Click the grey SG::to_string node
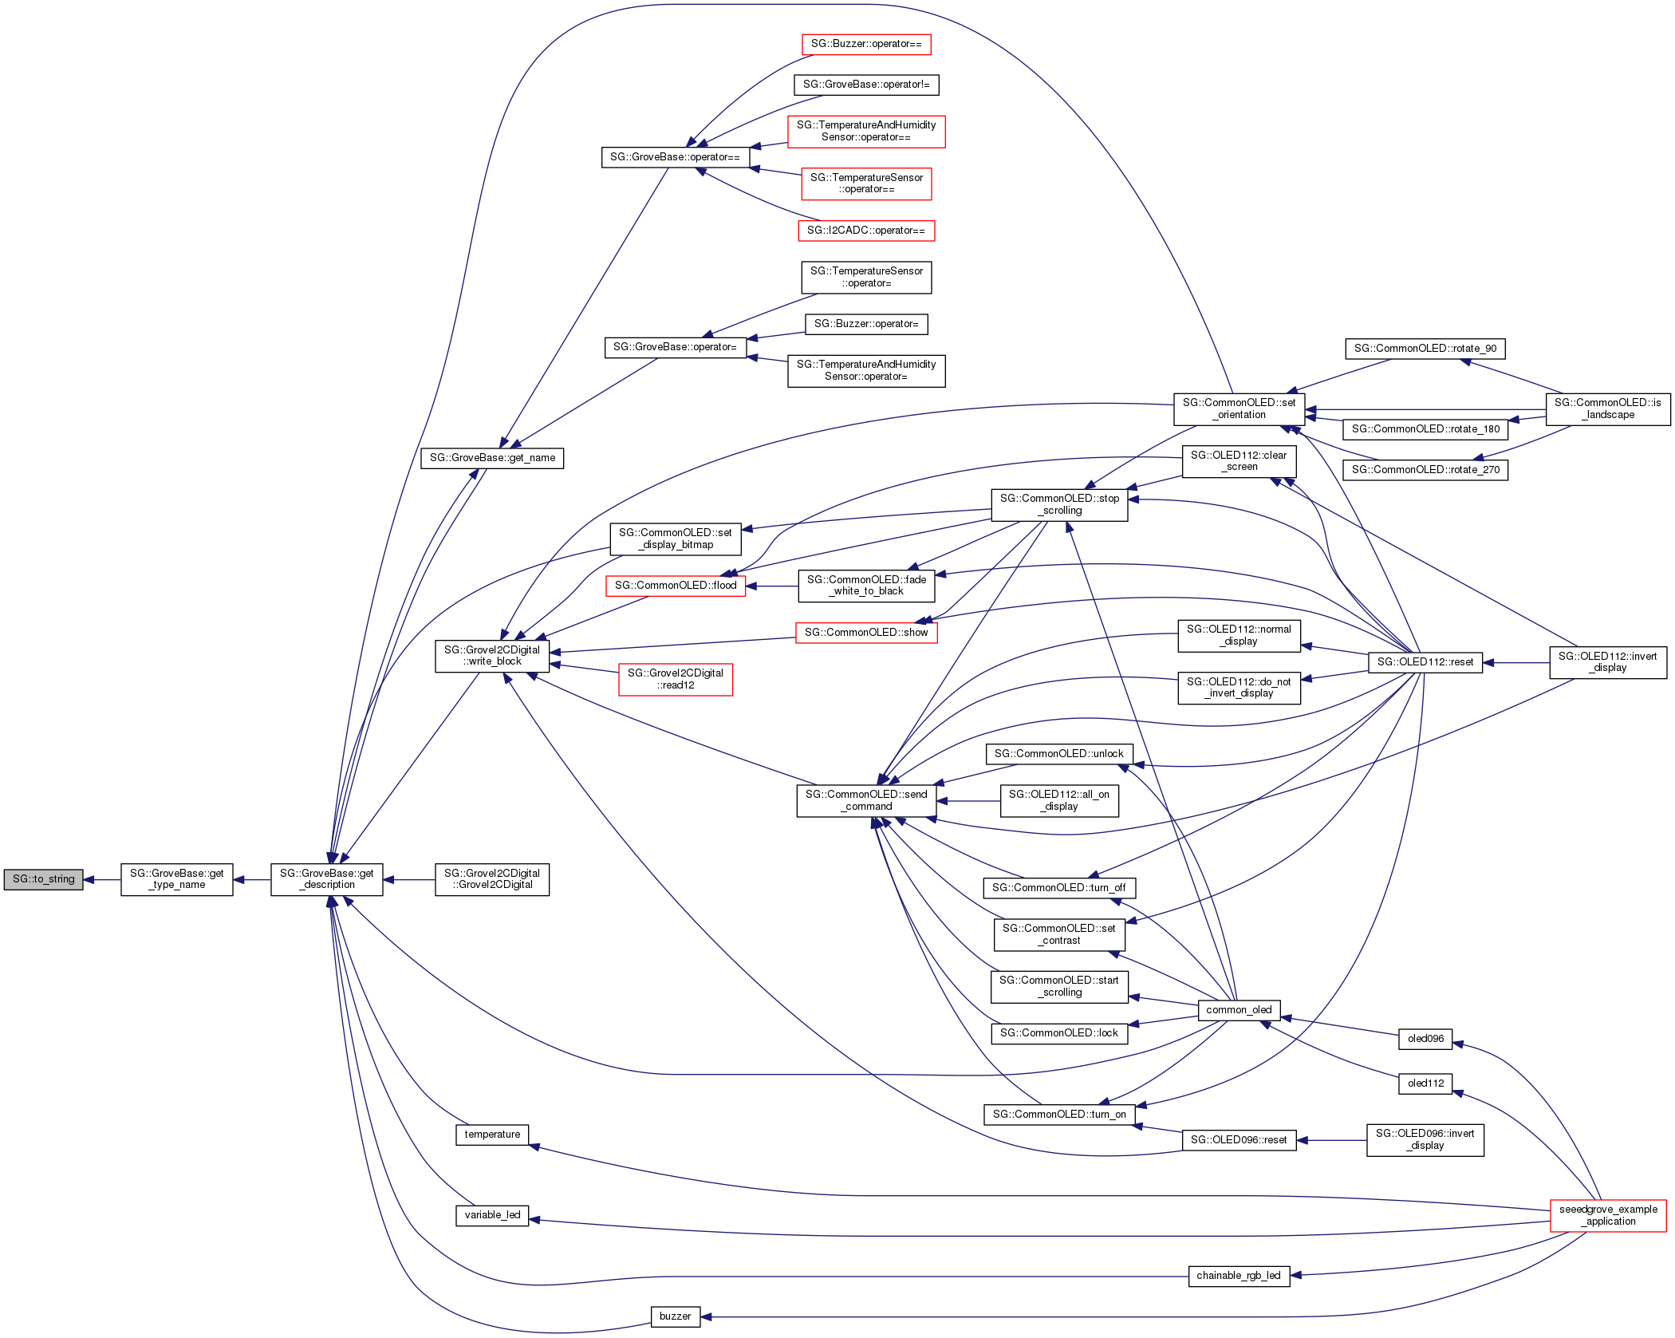(43, 879)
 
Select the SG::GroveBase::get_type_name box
(176, 879)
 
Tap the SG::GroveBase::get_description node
(326, 879)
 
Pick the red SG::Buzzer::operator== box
(865, 44)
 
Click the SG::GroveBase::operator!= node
(865, 85)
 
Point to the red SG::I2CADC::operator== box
(865, 231)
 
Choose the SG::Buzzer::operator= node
(865, 324)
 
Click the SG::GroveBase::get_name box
(491, 458)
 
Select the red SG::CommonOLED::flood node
(675, 586)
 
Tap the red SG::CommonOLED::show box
(865, 633)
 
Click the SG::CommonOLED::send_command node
(865, 800)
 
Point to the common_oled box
(1238, 1010)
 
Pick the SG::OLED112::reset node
(1425, 662)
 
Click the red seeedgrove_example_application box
(1607, 1215)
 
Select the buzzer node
(675, 1316)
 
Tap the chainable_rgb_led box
(1238, 1276)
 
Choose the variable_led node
(491, 1215)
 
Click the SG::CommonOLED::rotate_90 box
(1425, 349)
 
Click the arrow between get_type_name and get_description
(251, 880)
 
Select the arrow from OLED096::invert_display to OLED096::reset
(1331, 1140)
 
